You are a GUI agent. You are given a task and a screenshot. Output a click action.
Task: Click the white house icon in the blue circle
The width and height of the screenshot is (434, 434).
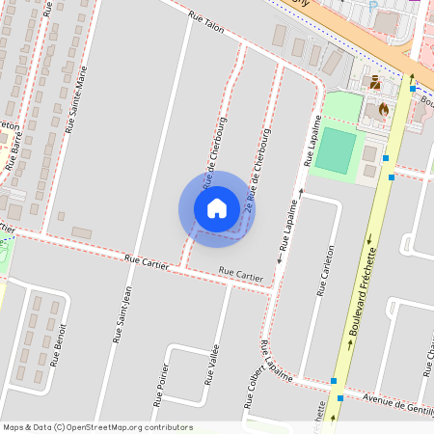click(217, 207)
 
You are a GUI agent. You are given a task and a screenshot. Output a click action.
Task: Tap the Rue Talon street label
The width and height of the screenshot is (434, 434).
click(206, 24)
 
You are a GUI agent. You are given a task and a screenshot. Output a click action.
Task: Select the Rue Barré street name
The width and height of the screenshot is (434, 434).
click(14, 149)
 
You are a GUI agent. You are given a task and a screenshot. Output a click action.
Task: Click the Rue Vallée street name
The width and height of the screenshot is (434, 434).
click(211, 365)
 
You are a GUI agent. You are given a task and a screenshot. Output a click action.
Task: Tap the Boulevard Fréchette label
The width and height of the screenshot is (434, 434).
click(363, 318)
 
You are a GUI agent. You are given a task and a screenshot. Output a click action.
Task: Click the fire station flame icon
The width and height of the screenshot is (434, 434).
click(385, 109)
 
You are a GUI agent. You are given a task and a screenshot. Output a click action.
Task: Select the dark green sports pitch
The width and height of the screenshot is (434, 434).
click(335, 150)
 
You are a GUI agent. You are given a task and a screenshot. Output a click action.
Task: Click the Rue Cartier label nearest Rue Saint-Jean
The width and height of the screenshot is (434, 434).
click(147, 259)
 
